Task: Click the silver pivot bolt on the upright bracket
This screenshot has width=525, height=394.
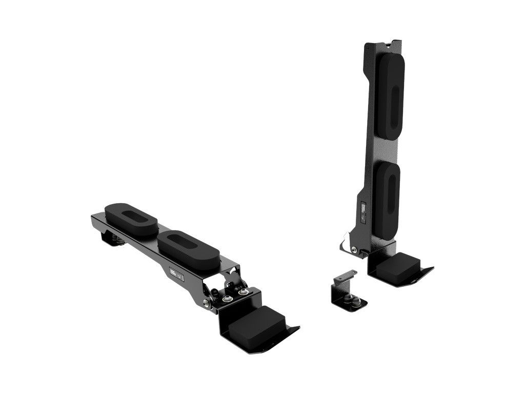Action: point(354,250)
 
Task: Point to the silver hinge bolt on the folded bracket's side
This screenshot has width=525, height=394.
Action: point(206,304)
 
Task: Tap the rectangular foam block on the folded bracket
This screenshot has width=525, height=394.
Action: point(257,322)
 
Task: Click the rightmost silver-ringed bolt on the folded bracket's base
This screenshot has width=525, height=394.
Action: point(243,292)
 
